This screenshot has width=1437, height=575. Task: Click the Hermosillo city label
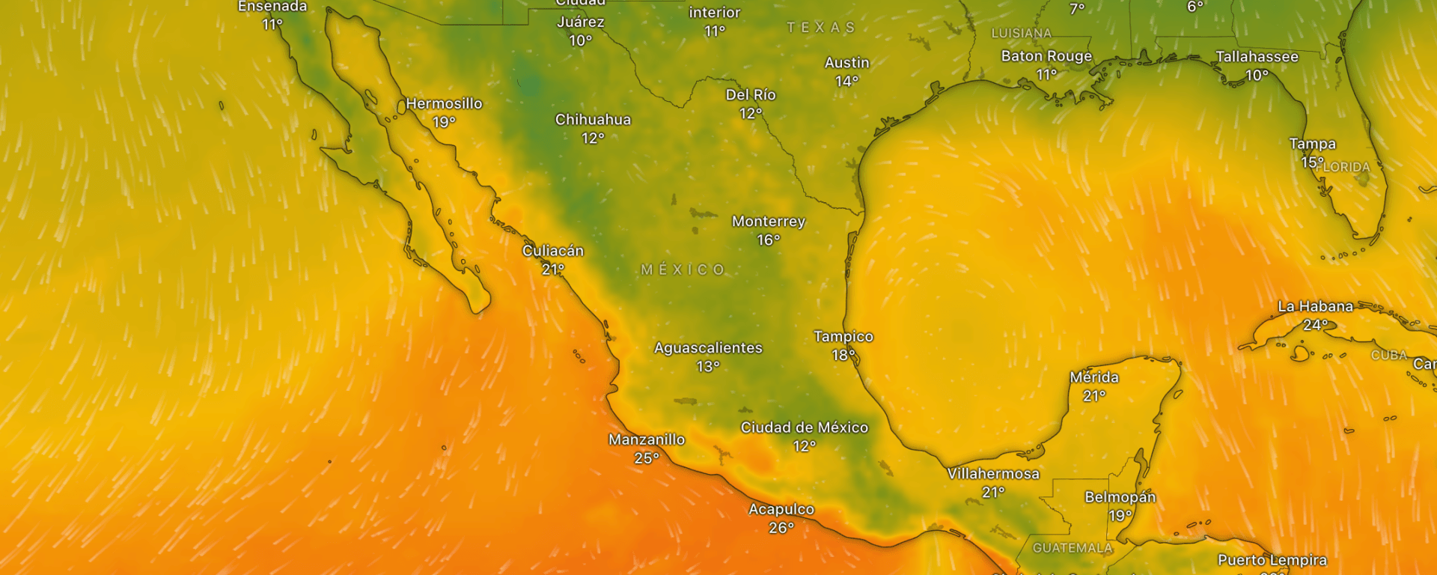[x=444, y=103]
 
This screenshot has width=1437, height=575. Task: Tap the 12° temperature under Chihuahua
[x=593, y=139]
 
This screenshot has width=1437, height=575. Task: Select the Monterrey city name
[x=769, y=222]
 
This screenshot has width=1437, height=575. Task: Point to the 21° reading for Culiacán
[x=552, y=270]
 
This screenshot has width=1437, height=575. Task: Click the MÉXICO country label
[x=683, y=270]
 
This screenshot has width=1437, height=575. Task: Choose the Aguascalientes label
[x=708, y=348]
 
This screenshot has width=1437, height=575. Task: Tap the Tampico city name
[x=843, y=337]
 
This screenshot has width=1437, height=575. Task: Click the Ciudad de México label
[x=805, y=428]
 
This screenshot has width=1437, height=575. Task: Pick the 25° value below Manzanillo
[x=647, y=458]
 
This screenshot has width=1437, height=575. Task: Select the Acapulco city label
[x=781, y=509]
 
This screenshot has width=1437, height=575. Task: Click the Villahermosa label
[x=993, y=474]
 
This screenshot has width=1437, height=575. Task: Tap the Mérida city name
[x=1094, y=377]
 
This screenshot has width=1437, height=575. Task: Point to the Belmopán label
[x=1120, y=497]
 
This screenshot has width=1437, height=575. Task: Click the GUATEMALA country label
[x=1072, y=548]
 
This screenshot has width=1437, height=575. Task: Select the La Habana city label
[x=1315, y=306]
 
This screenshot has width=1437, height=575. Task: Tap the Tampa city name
[x=1312, y=144]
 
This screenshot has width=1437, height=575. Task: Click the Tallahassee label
[x=1257, y=57]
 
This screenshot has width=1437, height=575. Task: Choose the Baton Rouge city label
[x=1046, y=56]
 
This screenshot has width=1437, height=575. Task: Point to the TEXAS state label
[x=820, y=28]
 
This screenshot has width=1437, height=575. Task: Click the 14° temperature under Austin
[x=846, y=82]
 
